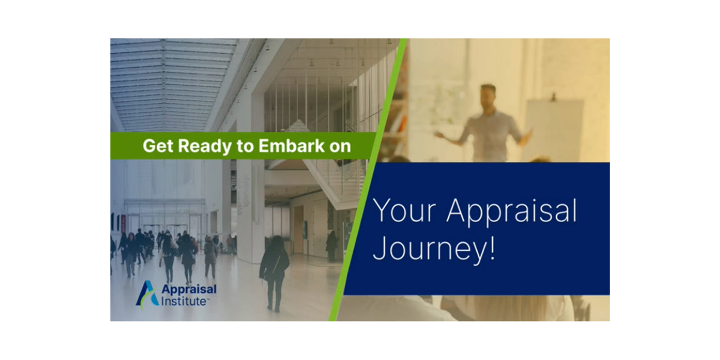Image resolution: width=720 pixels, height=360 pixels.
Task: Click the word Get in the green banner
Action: tap(156, 146)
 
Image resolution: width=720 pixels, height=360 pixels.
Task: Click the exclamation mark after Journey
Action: tap(492, 247)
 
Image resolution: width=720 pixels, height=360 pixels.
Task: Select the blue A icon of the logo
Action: tap(147, 293)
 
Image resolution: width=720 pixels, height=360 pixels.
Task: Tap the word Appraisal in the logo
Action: tap(189, 289)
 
